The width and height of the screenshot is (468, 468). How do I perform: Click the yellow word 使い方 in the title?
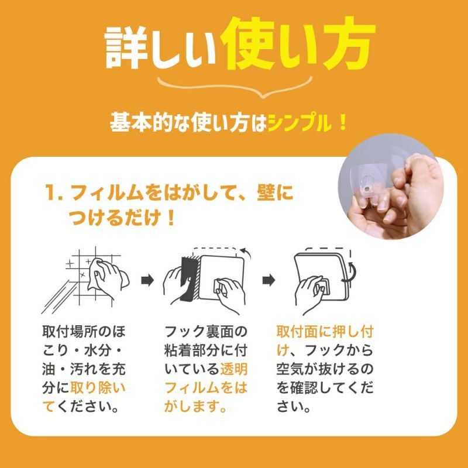pyautogui.click(x=297, y=44)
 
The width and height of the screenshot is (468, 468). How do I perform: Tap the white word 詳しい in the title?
pyautogui.click(x=160, y=48)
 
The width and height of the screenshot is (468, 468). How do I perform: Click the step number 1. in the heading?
pyautogui.click(x=54, y=192)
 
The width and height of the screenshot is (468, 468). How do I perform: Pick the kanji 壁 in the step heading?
pyautogui.click(x=266, y=192)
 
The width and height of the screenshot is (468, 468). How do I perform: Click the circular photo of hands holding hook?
pyautogui.click(x=390, y=187)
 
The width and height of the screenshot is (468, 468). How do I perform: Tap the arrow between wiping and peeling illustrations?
pyautogui.click(x=147, y=280)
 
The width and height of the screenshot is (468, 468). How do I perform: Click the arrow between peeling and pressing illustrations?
pyautogui.click(x=269, y=280)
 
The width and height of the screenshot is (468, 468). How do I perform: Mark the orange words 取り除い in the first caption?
pyautogui.click(x=98, y=387)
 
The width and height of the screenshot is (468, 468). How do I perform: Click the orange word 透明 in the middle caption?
pyautogui.click(x=234, y=369)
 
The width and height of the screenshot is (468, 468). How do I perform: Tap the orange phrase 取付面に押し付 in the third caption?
pyautogui.click(x=325, y=331)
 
